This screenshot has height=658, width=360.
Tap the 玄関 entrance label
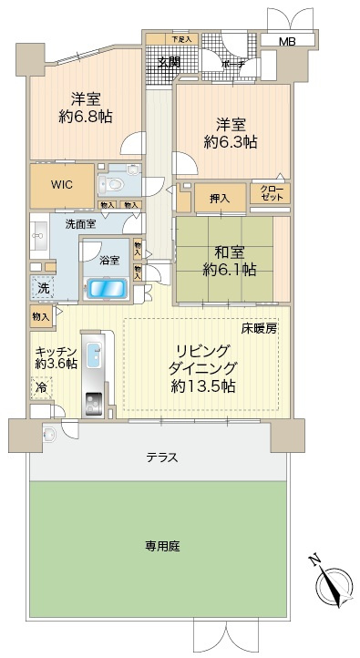[x=169, y=62]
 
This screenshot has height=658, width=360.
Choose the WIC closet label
[x=62, y=183]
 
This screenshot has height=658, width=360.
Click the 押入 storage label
[x=219, y=197]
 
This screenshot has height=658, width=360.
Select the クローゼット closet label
[x=270, y=193]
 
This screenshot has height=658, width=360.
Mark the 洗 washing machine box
[x=44, y=285]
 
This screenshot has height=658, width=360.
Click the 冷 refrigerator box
[x=42, y=386]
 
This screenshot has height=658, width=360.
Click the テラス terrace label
[x=159, y=458]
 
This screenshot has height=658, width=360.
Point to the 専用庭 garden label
[x=159, y=548]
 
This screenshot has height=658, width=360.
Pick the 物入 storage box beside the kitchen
[x=41, y=316]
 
